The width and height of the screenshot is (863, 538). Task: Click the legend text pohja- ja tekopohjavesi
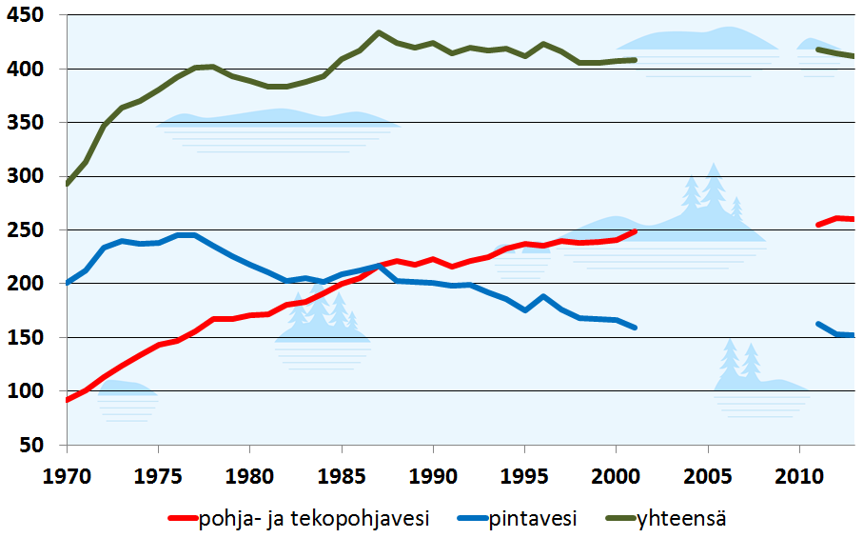coord(314,519)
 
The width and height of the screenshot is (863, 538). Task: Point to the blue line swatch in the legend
coord(470,519)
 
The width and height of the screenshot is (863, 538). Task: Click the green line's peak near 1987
coord(379,32)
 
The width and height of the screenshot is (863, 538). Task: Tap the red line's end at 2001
coord(635,231)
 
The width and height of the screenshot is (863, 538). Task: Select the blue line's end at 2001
coord(635,328)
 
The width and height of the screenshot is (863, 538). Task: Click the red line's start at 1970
coord(68,400)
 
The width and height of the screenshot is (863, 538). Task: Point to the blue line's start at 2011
coord(818,324)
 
